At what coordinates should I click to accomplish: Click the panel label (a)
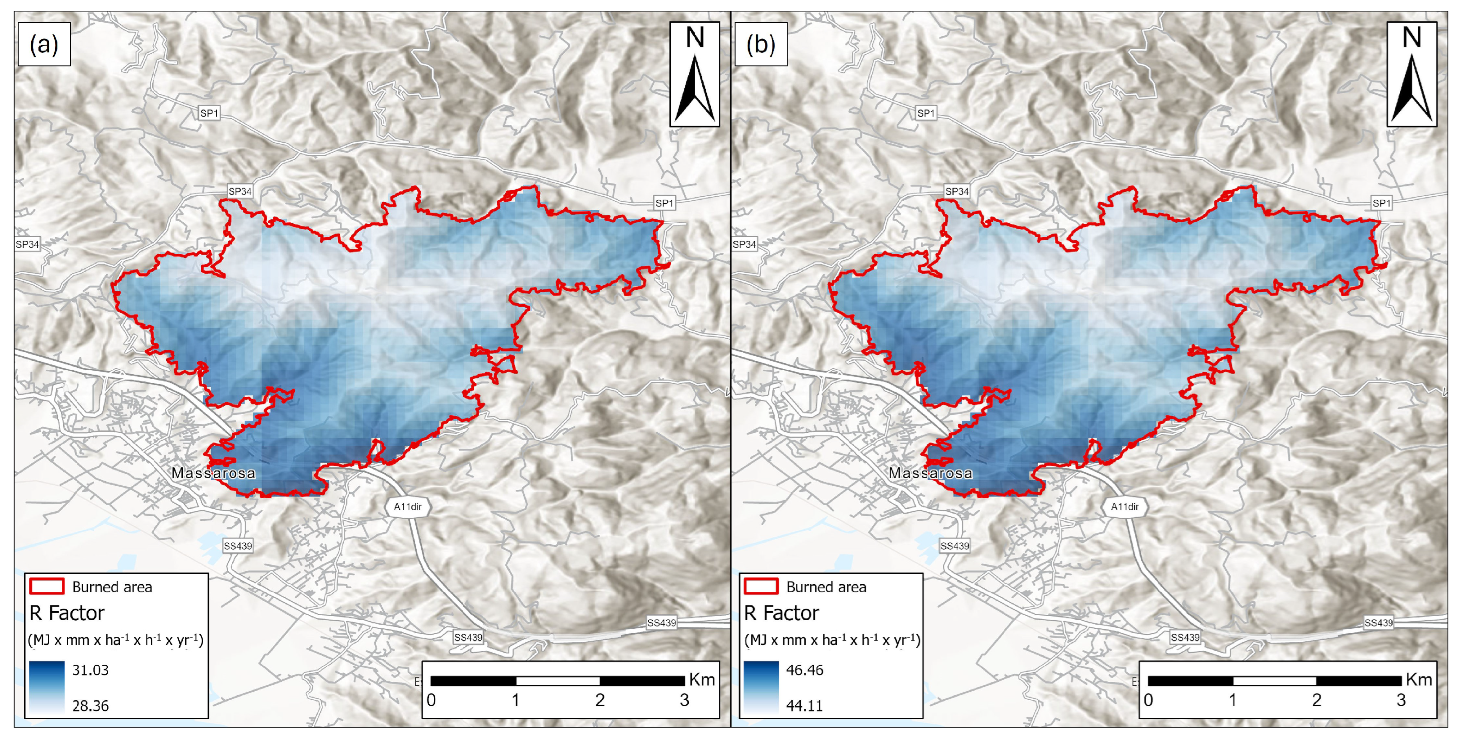pyautogui.click(x=44, y=44)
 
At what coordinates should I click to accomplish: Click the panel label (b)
pyautogui.click(x=761, y=44)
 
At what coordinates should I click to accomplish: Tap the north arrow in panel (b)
pyautogui.click(x=1411, y=74)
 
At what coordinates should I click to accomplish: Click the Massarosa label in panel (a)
pyautogui.click(x=214, y=473)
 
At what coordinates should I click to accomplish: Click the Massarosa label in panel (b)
pyautogui.click(x=930, y=473)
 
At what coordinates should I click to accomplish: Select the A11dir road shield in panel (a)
pyautogui.click(x=408, y=506)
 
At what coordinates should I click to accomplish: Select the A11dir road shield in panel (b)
pyautogui.click(x=1125, y=506)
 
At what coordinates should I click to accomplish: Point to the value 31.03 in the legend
pyautogui.click(x=90, y=670)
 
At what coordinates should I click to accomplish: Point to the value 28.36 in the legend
pyautogui.click(x=90, y=706)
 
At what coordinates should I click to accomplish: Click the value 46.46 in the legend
pyautogui.click(x=804, y=670)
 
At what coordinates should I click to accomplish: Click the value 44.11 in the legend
pyautogui.click(x=804, y=706)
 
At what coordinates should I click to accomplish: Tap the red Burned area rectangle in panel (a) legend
pyautogui.click(x=47, y=587)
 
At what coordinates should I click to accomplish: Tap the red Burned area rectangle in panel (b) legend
pyautogui.click(x=762, y=587)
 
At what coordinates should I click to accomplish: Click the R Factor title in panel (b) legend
pyautogui.click(x=781, y=613)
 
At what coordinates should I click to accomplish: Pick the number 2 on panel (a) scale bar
pyautogui.click(x=600, y=700)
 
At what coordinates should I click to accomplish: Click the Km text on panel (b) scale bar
pyautogui.click(x=1419, y=680)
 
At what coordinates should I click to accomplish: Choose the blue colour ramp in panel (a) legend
pyautogui.click(x=46, y=688)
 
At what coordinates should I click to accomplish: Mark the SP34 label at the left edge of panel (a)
pyautogui.click(x=27, y=244)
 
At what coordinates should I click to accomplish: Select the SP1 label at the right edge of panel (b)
pyautogui.click(x=1381, y=203)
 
